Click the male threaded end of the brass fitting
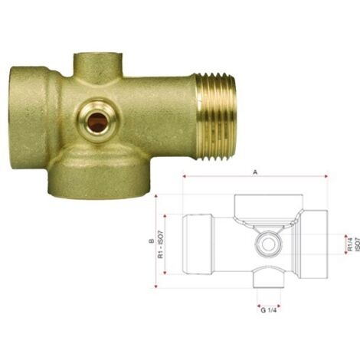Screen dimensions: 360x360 pos(216,116)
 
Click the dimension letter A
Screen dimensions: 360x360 pos(255,173)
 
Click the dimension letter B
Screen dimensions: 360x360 pos(152,241)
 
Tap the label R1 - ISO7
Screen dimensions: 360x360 pos(161,244)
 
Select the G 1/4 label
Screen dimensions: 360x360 pos(269,310)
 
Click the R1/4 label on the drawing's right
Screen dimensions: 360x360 pos(350,244)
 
